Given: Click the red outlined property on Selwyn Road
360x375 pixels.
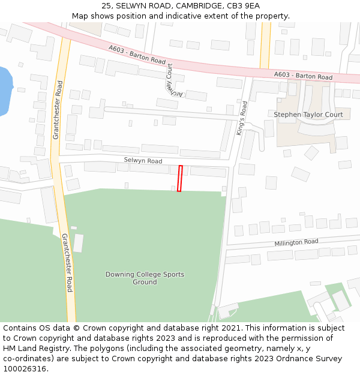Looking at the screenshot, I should click(179, 178).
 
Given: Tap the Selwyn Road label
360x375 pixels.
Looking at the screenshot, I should click(143, 161).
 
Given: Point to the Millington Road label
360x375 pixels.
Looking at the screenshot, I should click(296, 242).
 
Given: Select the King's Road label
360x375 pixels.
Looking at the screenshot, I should click(242, 118).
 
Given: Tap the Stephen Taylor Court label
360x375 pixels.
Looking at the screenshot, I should click(308, 115).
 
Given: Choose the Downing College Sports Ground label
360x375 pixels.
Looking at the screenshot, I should click(145, 278).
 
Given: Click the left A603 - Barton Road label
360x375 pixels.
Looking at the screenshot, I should click(137, 55).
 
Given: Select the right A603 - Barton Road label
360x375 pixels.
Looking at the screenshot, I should click(303, 76).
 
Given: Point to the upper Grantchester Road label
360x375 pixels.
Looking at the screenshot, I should click(58, 110).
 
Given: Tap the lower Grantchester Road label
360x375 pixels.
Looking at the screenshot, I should click(67, 263).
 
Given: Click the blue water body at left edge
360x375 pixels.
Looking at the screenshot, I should click(5, 90).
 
